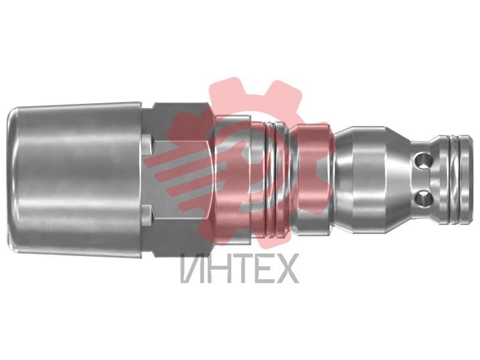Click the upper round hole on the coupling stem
pyautogui.click(x=423, y=160)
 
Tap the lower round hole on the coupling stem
pyautogui.click(x=424, y=199)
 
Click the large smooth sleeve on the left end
pyautogui.click(x=75, y=179)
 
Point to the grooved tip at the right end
pyautogui.click(x=454, y=179)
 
